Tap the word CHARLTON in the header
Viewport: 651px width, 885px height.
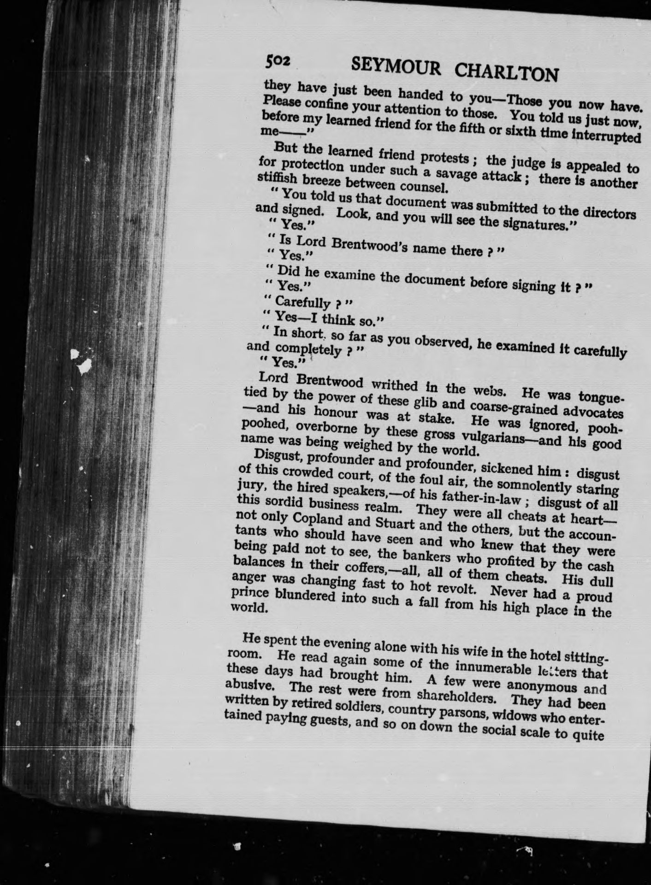[x=507, y=73]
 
